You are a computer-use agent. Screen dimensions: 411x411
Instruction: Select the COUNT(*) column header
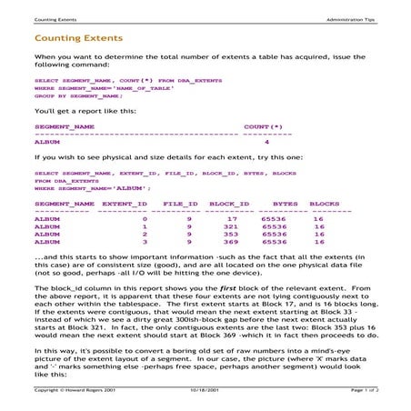coord(263,126)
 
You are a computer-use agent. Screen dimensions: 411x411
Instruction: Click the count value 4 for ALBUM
coord(266,142)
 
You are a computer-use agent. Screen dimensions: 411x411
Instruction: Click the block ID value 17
coord(232,219)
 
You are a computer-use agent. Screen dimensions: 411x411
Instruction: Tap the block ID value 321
coord(231,226)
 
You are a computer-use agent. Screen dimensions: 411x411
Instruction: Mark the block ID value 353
coord(231,235)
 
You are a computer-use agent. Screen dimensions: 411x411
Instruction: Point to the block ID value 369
coord(231,242)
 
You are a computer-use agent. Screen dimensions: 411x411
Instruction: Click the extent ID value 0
coord(145,219)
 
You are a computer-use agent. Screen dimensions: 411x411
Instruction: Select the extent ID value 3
coord(145,242)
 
